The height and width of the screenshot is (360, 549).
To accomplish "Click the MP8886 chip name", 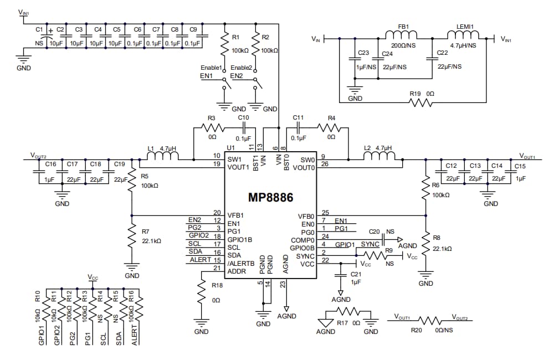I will [x=270, y=197].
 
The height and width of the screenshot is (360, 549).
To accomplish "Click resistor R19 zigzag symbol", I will [x=421, y=102].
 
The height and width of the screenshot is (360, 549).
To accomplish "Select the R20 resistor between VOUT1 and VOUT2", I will [x=430, y=321].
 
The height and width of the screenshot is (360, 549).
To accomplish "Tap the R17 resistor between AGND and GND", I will [x=347, y=312].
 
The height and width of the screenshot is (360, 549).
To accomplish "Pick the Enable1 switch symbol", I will [x=225, y=84].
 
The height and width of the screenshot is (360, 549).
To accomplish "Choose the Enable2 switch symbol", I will [x=255, y=84].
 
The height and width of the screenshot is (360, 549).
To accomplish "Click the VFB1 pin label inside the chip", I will [x=236, y=214].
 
